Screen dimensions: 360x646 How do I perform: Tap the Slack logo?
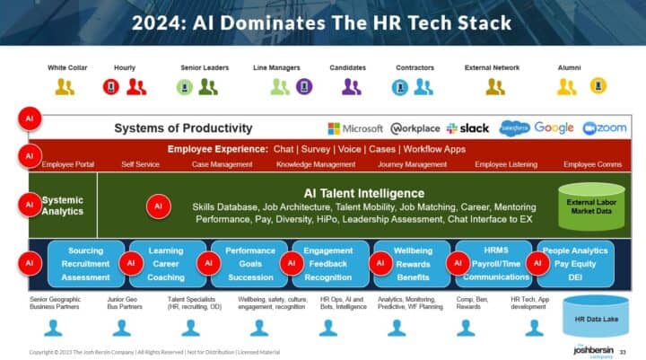[467, 128]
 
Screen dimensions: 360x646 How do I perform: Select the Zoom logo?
[605, 128]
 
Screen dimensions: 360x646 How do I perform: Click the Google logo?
[554, 128]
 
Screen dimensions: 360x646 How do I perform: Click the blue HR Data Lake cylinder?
[594, 315]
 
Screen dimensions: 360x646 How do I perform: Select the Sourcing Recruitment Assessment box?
[86, 264]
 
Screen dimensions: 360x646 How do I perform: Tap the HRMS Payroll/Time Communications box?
[494, 264]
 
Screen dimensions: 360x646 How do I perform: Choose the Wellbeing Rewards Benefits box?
[412, 264]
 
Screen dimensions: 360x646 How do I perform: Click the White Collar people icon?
[65, 87]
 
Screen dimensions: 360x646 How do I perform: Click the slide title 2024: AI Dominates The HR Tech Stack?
[323, 22]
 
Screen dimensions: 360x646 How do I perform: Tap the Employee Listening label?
[504, 164]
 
